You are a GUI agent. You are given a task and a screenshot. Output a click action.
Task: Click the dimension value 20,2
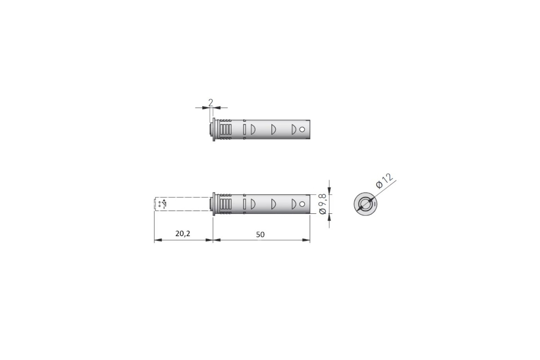pyautogui.click(x=183, y=234)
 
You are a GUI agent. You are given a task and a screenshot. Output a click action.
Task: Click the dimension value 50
pyautogui.click(x=260, y=234)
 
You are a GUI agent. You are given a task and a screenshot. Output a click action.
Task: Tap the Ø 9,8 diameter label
pyautogui.click(x=323, y=204)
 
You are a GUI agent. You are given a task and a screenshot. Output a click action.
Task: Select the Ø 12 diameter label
pyautogui.click(x=384, y=181)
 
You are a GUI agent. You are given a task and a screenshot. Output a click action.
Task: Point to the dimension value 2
pyautogui.click(x=211, y=103)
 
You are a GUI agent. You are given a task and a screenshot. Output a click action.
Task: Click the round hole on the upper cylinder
pyautogui.click(x=302, y=130)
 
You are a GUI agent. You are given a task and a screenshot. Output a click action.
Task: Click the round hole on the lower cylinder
pyautogui.click(x=302, y=204)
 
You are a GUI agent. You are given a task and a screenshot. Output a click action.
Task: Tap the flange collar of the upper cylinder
pyautogui.click(x=214, y=130)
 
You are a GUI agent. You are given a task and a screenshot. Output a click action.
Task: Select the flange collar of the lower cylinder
pyautogui.click(x=214, y=204)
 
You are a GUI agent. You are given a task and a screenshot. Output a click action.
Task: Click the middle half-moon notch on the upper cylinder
pyautogui.click(x=274, y=130)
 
